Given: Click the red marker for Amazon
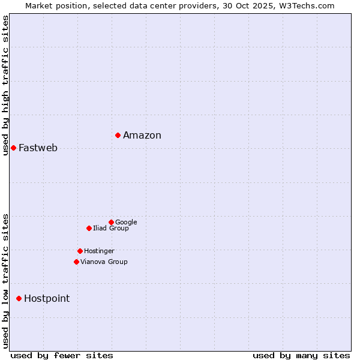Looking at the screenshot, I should [118, 135].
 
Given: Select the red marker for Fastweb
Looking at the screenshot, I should [13, 148].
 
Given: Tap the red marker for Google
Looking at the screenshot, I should [111, 222].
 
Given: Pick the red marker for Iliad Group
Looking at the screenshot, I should [89, 228].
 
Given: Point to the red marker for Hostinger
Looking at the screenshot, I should [80, 251].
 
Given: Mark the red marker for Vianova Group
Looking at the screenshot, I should [76, 262].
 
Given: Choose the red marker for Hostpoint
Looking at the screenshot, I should [19, 298].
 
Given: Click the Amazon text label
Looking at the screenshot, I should [142, 135].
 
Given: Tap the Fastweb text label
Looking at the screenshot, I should [38, 148].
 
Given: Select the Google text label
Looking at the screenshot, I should [126, 222].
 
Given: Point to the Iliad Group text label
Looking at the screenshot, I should [111, 228].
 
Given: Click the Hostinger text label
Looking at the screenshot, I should [99, 251].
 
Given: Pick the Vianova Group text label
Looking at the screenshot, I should [104, 262].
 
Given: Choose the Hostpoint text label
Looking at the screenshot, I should [47, 298].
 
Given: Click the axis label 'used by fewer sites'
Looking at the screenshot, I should [62, 355].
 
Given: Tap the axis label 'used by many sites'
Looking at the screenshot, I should [301, 355].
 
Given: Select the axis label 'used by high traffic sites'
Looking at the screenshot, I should [5, 85].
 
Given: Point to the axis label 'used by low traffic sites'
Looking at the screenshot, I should [5, 280].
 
